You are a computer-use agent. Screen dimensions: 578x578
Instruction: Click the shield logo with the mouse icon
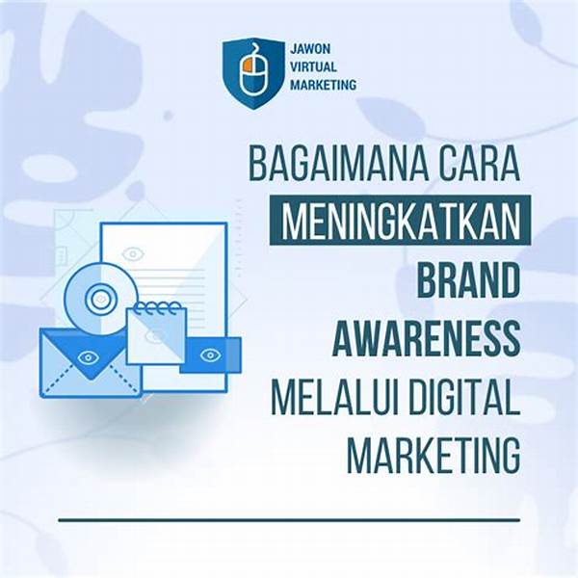pyautogui.click(x=253, y=73)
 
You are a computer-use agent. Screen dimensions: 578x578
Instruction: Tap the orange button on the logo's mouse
pyautogui.click(x=247, y=64)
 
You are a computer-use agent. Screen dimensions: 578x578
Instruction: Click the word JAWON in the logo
pyautogui.click(x=305, y=49)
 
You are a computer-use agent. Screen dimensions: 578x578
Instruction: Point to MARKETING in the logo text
pyautogui.click(x=324, y=85)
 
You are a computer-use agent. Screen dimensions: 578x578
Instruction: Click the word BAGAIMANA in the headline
pyautogui.click(x=336, y=164)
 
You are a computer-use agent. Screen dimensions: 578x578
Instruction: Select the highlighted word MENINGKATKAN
pyautogui.click(x=401, y=221)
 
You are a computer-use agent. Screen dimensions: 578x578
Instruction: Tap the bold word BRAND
pyautogui.click(x=468, y=278)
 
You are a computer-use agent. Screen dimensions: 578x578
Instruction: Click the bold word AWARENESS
pyautogui.click(x=426, y=338)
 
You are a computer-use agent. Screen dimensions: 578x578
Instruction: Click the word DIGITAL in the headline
pyautogui.click(x=465, y=396)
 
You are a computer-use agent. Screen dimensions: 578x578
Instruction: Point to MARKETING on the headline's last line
pyautogui.click(x=433, y=455)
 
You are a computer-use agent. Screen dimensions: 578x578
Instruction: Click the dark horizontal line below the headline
pyautogui.click(x=289, y=520)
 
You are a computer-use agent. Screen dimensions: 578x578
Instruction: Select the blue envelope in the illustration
pyautogui.click(x=91, y=363)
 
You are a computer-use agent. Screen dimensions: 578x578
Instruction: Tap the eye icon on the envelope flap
pyautogui.click(x=87, y=356)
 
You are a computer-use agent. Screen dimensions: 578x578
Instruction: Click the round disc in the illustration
pyautogui.click(x=100, y=299)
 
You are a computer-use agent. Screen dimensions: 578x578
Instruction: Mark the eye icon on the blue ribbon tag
pyautogui.click(x=210, y=355)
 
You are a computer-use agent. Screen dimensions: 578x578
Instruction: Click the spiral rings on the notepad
pyautogui.click(x=158, y=307)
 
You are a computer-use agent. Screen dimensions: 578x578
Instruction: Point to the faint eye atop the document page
pyautogui.click(x=133, y=253)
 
